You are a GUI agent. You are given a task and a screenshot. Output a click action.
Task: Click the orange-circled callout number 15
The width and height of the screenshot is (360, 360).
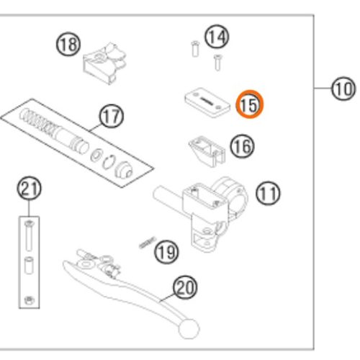250,104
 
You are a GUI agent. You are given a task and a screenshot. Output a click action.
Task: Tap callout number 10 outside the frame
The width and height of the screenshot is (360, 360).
343,89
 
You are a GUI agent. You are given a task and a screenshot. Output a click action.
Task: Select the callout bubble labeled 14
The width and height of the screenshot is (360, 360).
217,37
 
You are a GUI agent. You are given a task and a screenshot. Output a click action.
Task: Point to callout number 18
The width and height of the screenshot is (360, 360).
68,45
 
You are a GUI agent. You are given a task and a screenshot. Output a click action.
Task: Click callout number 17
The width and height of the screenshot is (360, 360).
112,117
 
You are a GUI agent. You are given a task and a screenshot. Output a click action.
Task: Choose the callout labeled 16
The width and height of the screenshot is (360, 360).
242,146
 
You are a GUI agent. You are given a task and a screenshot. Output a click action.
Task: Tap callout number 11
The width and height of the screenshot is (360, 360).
268,194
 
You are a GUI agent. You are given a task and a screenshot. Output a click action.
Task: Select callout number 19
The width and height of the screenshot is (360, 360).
166,252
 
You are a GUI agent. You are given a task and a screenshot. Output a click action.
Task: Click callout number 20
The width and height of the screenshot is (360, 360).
186,287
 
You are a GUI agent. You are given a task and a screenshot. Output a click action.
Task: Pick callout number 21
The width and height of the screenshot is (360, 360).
30,189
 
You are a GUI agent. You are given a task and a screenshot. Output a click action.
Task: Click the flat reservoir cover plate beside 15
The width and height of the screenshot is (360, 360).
207,103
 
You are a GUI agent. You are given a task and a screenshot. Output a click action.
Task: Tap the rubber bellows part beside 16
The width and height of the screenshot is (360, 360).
207,151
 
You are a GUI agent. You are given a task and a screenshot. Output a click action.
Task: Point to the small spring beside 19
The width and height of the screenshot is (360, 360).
148,243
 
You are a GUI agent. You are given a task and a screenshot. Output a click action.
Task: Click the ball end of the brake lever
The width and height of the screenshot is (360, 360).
189,328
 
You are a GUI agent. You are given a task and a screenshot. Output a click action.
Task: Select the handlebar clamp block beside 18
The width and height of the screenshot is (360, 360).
104,63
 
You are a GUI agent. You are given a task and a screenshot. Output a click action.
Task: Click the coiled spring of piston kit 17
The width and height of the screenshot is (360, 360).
39,120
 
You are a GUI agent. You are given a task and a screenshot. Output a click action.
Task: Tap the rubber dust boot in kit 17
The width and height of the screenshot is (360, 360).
124,170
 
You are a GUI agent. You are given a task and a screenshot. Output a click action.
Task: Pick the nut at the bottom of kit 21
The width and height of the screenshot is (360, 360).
30,300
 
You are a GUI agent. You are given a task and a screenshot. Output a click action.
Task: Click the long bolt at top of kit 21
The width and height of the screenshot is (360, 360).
30,235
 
